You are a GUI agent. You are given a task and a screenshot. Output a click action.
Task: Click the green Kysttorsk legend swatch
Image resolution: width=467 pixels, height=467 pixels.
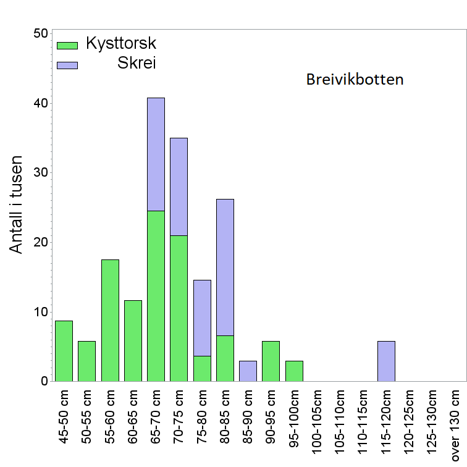point(67,45)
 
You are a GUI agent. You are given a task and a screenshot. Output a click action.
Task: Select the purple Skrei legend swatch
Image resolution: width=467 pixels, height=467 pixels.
point(67,65)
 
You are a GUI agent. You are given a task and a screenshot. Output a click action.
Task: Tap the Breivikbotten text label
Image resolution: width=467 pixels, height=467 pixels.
point(355,80)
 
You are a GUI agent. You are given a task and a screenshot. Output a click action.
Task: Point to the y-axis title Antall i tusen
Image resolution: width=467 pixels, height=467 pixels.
point(17,204)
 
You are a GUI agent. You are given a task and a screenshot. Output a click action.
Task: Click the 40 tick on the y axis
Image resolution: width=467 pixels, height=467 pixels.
point(40,103)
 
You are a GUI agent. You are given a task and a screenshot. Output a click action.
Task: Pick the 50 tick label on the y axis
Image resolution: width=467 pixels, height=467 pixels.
point(40,33)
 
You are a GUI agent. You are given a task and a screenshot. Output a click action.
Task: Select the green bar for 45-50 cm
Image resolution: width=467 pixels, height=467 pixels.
point(64,351)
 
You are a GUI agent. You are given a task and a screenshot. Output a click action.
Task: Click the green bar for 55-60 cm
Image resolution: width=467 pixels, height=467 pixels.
point(110,320)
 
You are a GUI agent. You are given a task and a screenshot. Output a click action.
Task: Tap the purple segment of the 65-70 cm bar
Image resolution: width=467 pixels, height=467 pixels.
point(156,154)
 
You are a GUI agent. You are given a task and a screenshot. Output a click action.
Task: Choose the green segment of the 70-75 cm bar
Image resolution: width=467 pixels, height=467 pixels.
point(179,308)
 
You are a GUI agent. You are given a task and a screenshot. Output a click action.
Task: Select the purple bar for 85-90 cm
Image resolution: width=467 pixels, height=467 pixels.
point(248,371)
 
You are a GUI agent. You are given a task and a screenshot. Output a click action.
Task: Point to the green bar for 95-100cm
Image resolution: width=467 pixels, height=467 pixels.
point(294,371)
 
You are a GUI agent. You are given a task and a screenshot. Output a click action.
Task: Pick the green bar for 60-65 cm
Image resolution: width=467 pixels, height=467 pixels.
point(133,340)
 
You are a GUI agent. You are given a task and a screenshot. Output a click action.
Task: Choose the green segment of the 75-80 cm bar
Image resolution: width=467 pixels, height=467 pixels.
point(202,368)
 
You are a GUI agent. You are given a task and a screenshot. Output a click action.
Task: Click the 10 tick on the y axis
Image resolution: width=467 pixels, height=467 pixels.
point(40,311)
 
